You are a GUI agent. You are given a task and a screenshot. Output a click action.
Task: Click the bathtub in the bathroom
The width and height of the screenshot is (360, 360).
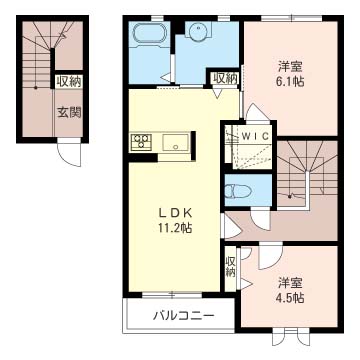pyautogui.click(x=149, y=33)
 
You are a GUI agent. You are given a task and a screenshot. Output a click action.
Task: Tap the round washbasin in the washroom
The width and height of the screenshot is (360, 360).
pyautogui.click(x=197, y=31)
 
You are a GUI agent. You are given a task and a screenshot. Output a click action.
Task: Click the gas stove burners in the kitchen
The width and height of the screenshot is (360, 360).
pyautogui.click(x=141, y=141)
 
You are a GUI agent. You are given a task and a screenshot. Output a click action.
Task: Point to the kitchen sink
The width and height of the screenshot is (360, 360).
pyautogui.click(x=175, y=143)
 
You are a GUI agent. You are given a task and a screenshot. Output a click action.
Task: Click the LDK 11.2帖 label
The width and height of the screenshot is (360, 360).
pyautogui.click(x=175, y=220)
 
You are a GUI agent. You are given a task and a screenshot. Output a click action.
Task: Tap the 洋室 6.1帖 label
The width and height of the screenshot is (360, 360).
pyautogui.click(x=291, y=74)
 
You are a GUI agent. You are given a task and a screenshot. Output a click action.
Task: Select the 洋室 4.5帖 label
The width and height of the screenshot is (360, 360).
pyautogui.click(x=291, y=291)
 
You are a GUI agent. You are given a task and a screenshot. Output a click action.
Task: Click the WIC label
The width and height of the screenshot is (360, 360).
pyautogui.click(x=255, y=136)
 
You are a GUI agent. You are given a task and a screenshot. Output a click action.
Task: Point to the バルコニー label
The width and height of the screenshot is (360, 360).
pyautogui.click(x=183, y=315)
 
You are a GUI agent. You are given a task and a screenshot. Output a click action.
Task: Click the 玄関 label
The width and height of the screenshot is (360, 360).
pyautogui.click(x=70, y=113)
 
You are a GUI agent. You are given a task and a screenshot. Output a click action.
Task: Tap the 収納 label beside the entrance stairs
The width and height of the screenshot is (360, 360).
pyautogui.click(x=68, y=82)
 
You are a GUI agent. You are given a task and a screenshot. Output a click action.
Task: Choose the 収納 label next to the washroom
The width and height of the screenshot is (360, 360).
pyautogui.click(x=226, y=79)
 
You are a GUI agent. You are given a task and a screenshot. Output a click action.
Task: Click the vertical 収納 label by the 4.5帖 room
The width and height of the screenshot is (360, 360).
pyautogui.click(x=230, y=267)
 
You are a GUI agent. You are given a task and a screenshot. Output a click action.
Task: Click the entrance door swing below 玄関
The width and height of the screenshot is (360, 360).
pyautogui.click(x=69, y=152)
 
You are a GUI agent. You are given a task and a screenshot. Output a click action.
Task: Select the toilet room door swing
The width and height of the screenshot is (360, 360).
pyautogui.click(x=260, y=220)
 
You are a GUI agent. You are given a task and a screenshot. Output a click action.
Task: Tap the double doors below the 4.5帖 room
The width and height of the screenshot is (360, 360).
pyautogui.click(x=291, y=337)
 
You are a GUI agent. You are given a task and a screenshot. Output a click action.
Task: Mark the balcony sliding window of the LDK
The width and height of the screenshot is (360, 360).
pyautogui.click(x=172, y=294)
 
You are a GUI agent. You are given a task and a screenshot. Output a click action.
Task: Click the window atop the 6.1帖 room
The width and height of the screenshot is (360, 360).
pyautogui.click(x=291, y=18)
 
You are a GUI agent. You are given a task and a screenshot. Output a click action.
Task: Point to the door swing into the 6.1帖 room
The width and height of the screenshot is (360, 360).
pyautogui.click(x=256, y=113)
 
